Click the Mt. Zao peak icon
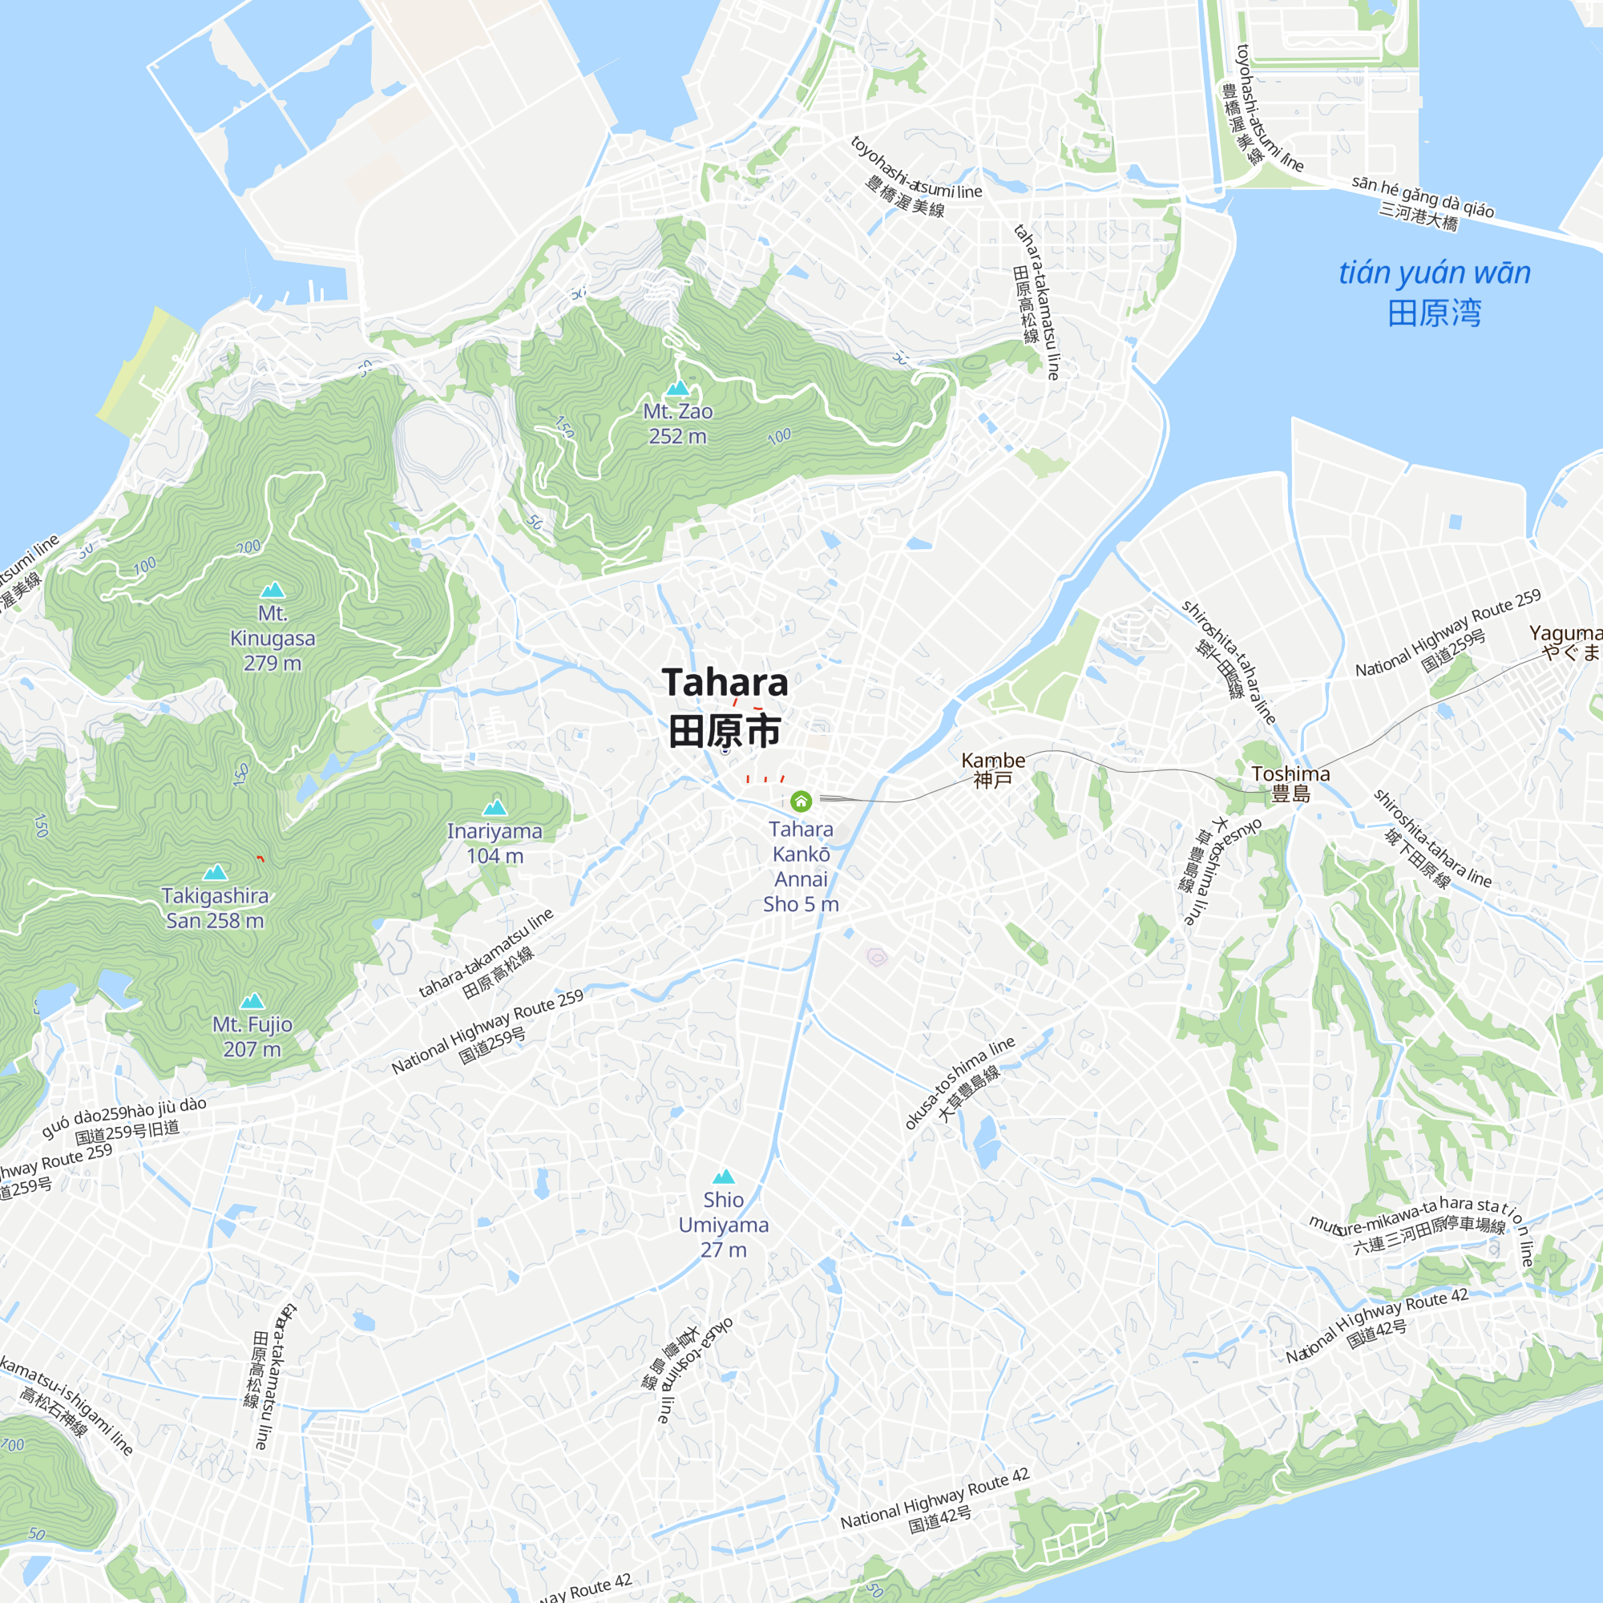pos(678,387)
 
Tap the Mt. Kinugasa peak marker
pos(273,590)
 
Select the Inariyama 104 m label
pos(495,843)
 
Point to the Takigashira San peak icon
pos(215,871)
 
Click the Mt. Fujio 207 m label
pos(252,1036)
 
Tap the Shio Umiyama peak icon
pos(724,1176)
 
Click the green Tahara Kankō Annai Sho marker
pos(801,801)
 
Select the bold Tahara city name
pos(725,683)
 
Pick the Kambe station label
pos(992,760)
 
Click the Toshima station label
pos(1290,774)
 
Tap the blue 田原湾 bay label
pos(1434,313)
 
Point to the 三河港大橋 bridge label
pos(1418,216)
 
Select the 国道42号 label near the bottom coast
pos(939,1519)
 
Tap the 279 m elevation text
pos(273,663)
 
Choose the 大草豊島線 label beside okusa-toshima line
pos(969,1094)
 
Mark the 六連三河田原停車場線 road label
pos(1429,1233)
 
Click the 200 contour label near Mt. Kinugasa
pos(248,547)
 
